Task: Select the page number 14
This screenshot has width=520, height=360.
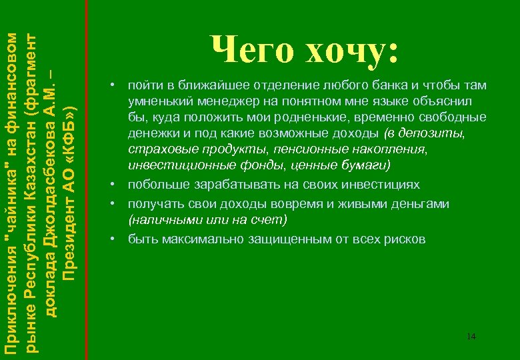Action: click(x=471, y=336)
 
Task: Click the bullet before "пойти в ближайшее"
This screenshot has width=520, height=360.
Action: click(x=115, y=86)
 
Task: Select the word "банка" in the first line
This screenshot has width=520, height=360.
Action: click(x=389, y=86)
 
